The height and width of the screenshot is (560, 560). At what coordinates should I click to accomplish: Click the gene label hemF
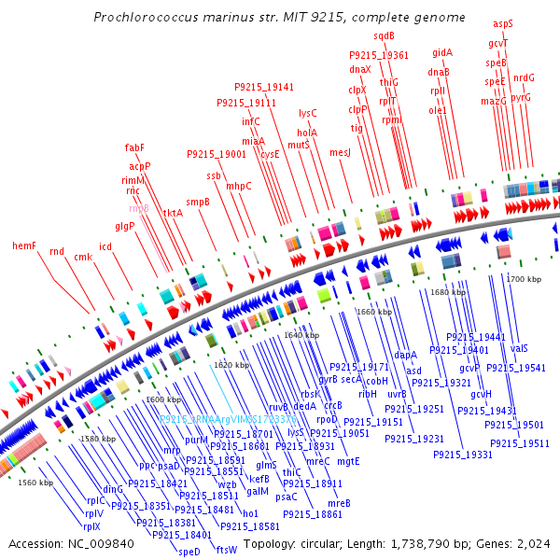[x=23, y=245]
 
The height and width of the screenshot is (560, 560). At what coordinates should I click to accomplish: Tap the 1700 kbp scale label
[x=524, y=279]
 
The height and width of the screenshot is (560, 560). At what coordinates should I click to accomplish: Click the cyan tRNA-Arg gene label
[x=229, y=420]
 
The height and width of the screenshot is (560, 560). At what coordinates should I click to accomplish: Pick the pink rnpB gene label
[x=138, y=208]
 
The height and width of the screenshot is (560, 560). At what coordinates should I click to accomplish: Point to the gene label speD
[x=189, y=551]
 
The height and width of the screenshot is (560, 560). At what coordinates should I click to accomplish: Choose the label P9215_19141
[x=264, y=87]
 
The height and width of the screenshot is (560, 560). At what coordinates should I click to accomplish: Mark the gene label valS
[x=519, y=348]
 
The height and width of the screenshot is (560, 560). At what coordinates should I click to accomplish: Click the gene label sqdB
[x=385, y=35]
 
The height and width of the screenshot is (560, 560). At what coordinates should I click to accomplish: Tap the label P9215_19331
[x=462, y=455]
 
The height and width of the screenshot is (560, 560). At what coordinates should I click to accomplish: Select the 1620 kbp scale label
[x=231, y=365]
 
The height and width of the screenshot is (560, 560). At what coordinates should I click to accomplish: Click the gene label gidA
[x=442, y=52]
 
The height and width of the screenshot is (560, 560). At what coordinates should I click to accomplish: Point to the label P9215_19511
[x=523, y=443]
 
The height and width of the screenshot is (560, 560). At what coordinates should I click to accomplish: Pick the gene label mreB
[x=339, y=503]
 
